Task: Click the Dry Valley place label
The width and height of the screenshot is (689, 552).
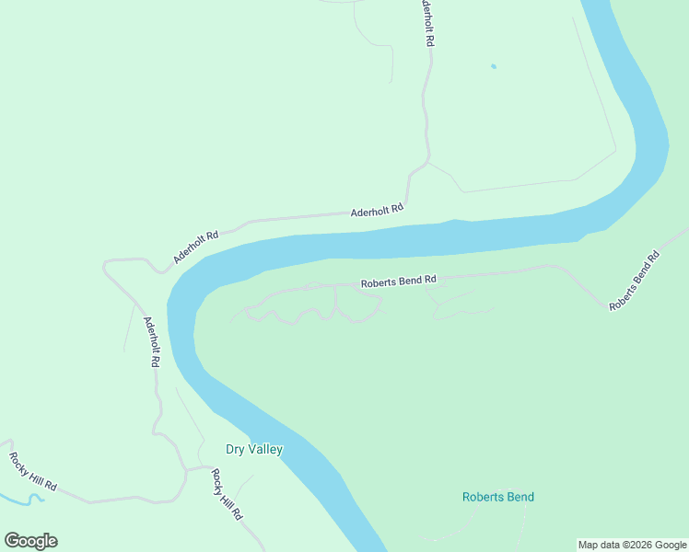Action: (x=254, y=450)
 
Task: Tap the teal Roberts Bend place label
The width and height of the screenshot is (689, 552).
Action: (x=497, y=498)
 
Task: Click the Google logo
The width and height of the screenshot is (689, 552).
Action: (x=30, y=541)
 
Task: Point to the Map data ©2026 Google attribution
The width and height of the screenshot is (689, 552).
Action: (x=633, y=545)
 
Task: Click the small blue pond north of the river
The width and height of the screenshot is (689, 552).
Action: (x=494, y=66)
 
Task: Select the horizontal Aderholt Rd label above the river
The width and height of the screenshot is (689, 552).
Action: (x=377, y=211)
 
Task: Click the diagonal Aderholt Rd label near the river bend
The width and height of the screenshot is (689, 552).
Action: (x=195, y=247)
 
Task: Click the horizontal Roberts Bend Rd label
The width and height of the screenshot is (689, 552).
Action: (x=398, y=282)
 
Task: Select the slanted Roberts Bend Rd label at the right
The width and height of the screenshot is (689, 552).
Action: (x=635, y=281)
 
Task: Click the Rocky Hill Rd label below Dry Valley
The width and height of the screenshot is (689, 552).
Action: (x=226, y=494)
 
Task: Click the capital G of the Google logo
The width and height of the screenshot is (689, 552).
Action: (x=12, y=541)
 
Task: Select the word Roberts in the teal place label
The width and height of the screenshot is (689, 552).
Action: (x=483, y=498)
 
